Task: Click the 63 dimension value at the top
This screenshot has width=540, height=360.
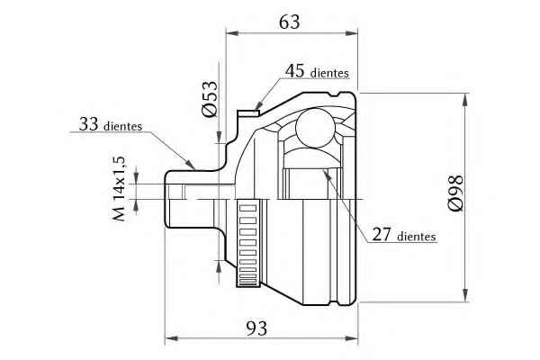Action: tap(289, 22)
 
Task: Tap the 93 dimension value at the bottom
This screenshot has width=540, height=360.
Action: tap(256, 328)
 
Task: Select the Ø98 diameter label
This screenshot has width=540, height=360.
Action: tap(455, 193)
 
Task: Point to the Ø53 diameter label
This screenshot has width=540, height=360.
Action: tap(210, 99)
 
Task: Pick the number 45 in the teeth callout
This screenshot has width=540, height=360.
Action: tap(295, 71)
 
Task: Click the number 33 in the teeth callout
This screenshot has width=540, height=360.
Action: tap(89, 124)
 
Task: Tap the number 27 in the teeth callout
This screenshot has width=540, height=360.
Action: tap(382, 234)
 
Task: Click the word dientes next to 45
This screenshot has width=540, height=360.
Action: tap(329, 73)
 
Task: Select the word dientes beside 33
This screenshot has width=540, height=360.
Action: tap(123, 126)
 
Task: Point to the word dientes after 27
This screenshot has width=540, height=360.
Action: tap(417, 237)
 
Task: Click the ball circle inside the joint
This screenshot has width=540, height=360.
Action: tap(315, 128)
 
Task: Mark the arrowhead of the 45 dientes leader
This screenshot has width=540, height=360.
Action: tap(258, 105)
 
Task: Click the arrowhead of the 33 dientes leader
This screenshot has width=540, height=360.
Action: tap(190, 164)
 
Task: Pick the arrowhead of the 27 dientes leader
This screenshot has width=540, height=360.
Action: tap(327, 174)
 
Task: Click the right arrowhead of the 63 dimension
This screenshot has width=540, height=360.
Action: tap(352, 33)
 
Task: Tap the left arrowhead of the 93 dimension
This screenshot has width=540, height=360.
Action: tap(171, 338)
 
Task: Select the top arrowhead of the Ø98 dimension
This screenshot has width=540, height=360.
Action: tap(465, 99)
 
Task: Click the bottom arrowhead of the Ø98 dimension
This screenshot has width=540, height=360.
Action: tap(465, 295)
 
